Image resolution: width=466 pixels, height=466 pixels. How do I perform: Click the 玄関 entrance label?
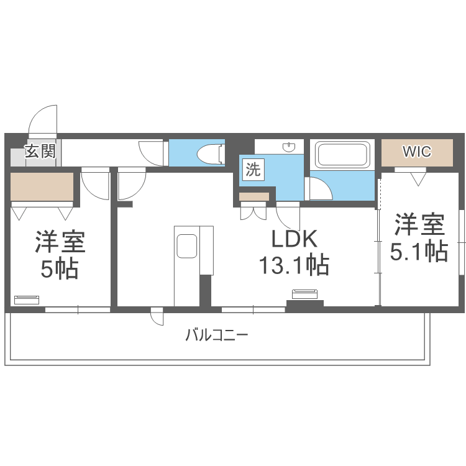(x=40, y=152)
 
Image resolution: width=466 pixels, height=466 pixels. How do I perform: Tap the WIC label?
(x=417, y=151)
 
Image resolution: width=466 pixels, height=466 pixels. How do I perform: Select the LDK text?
(x=295, y=239)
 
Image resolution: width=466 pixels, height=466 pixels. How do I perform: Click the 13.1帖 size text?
(x=295, y=265)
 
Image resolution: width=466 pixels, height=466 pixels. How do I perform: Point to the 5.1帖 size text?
(x=419, y=252)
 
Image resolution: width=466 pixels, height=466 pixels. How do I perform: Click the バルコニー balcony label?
(x=217, y=336)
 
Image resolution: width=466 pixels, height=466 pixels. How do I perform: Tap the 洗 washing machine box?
(x=253, y=170)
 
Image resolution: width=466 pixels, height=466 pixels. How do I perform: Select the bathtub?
(x=342, y=154)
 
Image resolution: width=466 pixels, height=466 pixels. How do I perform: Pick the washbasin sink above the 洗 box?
(x=289, y=147)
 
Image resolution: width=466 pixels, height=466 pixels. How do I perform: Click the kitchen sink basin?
(x=187, y=246)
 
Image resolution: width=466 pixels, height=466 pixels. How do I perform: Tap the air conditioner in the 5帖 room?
(x=27, y=300)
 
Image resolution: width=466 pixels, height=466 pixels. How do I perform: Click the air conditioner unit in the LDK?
(x=305, y=294)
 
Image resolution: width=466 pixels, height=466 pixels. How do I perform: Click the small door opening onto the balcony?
(x=157, y=316)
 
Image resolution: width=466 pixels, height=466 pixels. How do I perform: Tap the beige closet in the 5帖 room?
(x=42, y=186)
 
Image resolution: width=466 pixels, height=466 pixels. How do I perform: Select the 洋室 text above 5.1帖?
(x=419, y=224)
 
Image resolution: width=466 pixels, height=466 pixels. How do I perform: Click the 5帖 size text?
(x=60, y=269)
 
